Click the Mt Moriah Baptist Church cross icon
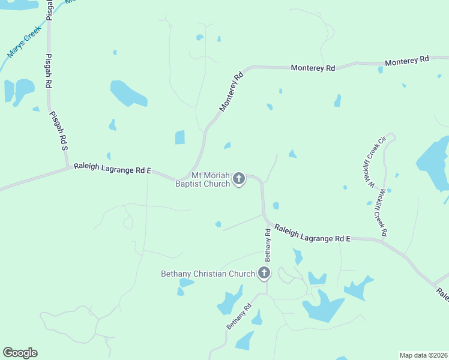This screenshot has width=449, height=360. pos(239,178)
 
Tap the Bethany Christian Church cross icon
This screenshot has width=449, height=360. pos(264,274)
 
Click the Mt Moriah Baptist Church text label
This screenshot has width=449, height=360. pos(202,179)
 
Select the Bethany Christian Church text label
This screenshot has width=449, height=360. pos(208,274)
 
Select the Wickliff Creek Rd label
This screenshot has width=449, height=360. pos(382,212)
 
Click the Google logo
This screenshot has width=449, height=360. pos(20,353)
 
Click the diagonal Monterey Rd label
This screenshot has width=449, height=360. pos(231,92)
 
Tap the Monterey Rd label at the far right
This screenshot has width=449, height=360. pos(407,61)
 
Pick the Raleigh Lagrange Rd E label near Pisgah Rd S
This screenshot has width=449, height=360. pos(112,169)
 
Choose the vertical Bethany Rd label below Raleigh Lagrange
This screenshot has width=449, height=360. pos(268,245)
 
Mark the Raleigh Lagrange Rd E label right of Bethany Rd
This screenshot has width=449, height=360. pos(312,233)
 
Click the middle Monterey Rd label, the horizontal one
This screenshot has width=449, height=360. pos(313,68)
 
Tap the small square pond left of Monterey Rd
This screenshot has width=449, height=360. pos(180,137)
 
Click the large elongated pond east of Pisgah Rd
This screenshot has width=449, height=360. pos(128,92)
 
